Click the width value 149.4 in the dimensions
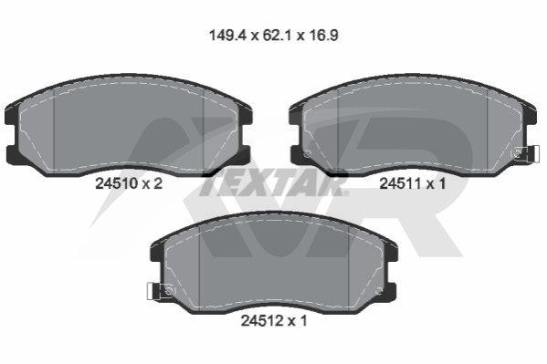click(x=227, y=36)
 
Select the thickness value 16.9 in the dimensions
click(x=323, y=36)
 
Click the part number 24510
click(x=117, y=183)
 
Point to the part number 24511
click(x=400, y=183)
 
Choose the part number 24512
click(x=262, y=321)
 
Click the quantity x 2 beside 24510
click(x=153, y=183)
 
